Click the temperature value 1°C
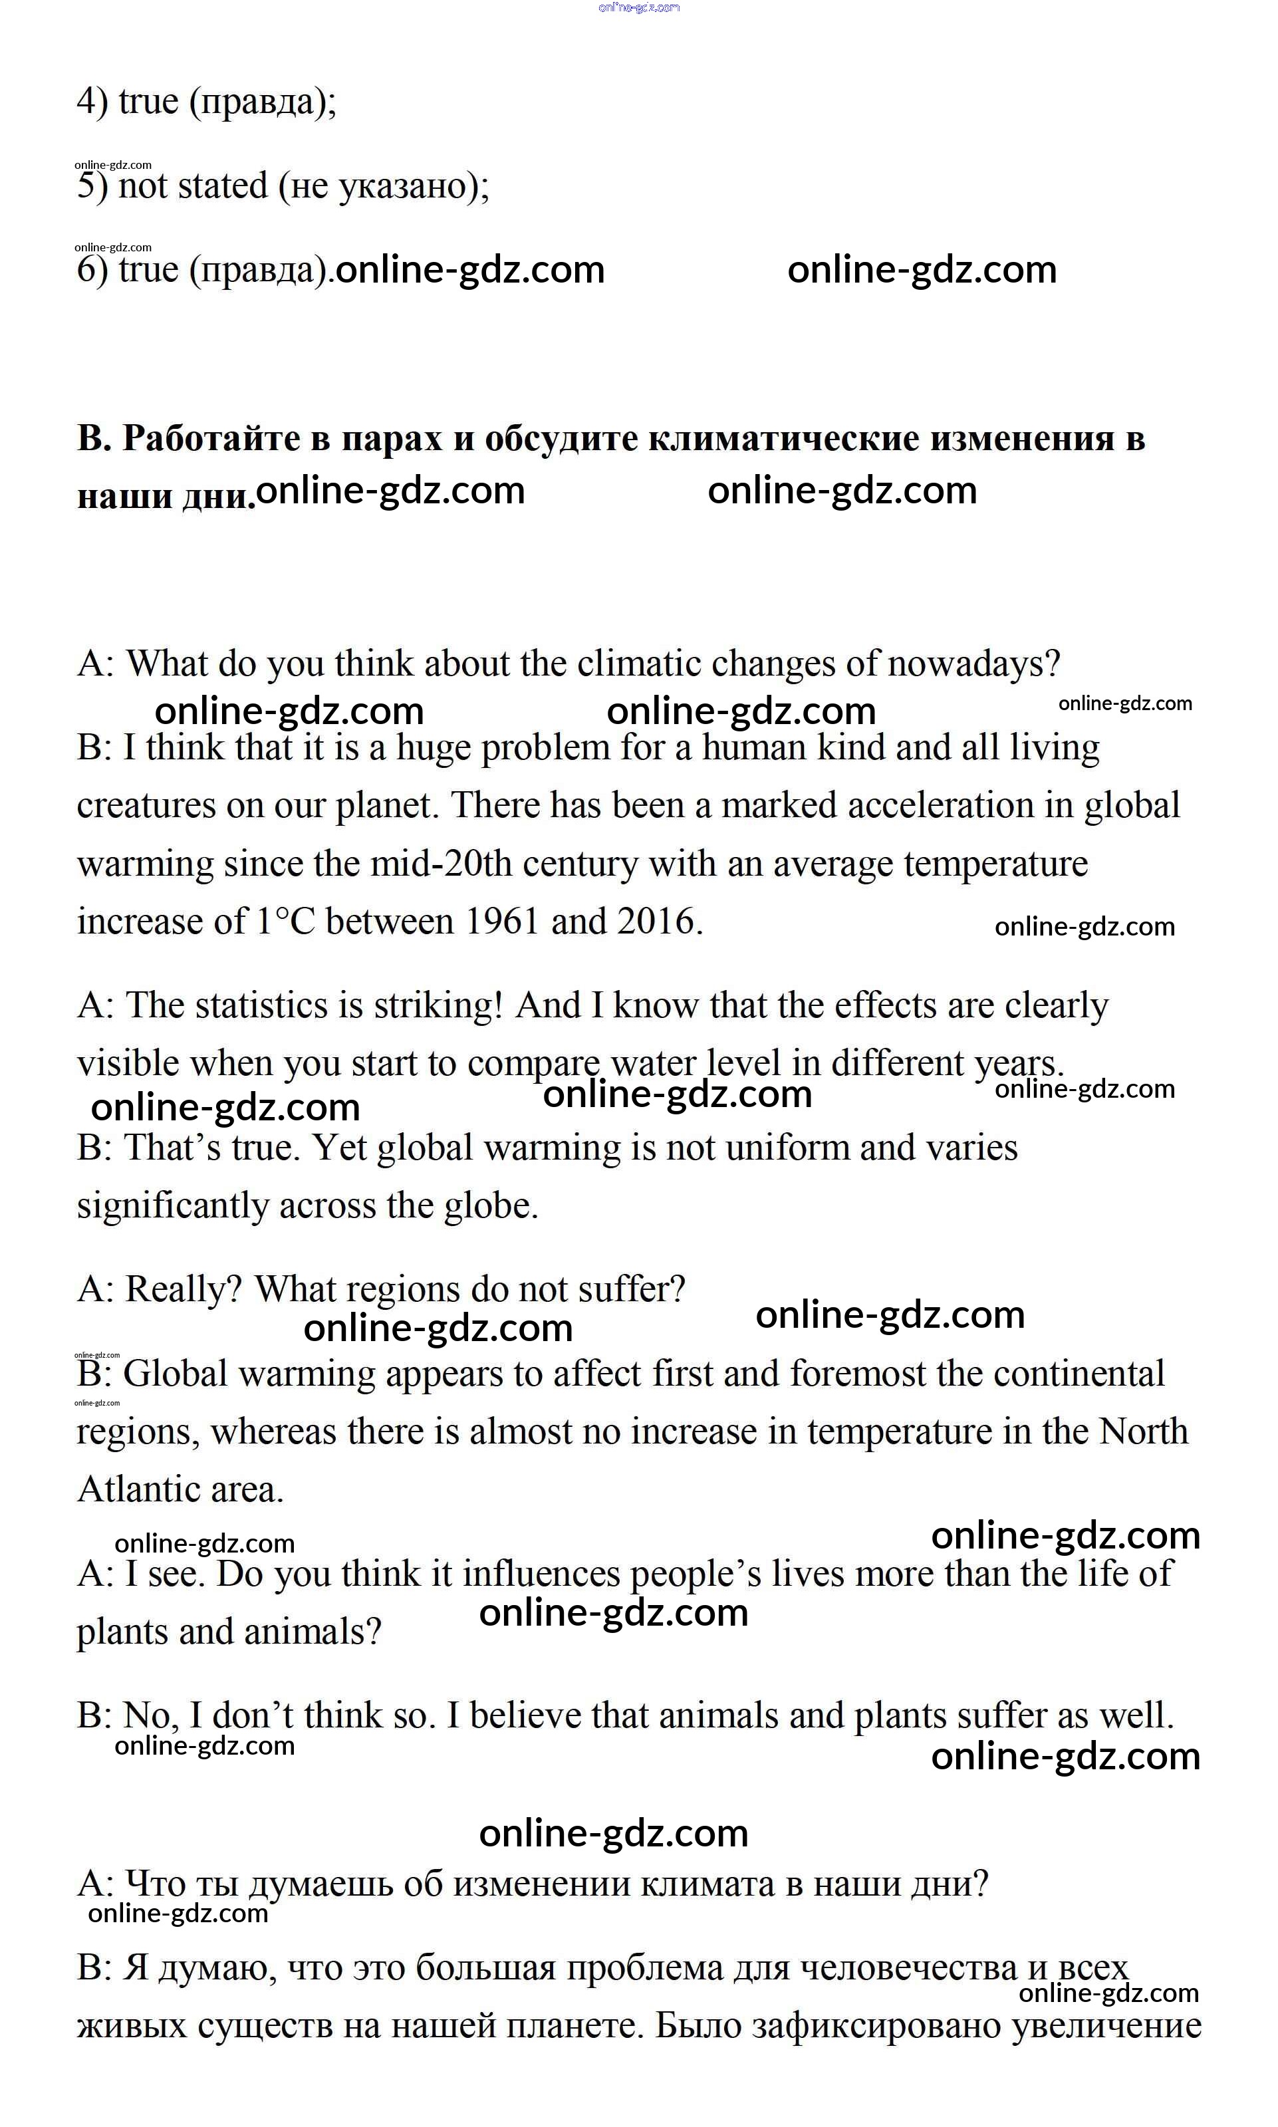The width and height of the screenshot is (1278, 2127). (x=286, y=922)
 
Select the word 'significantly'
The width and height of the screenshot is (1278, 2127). (x=172, y=1205)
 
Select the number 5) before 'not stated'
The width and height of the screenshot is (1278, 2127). (x=92, y=186)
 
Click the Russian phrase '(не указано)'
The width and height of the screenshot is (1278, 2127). (x=383, y=186)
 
